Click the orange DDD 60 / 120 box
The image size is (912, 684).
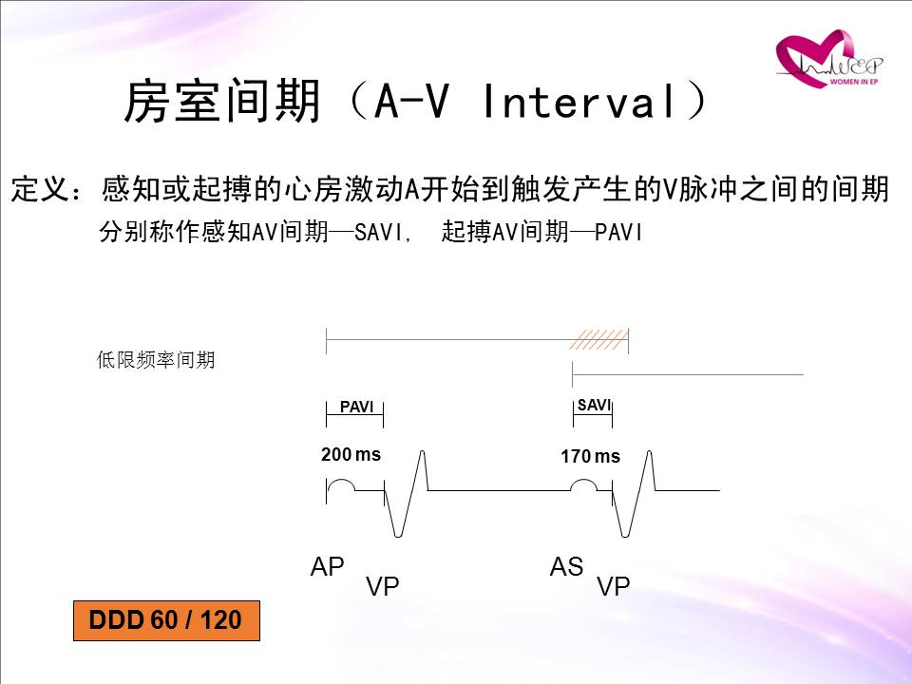coord(166,620)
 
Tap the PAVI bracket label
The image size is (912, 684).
coord(356,408)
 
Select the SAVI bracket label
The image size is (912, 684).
coord(594,405)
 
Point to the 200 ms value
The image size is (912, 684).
coord(351,454)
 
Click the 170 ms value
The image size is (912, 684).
coord(590,456)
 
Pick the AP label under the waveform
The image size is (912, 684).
coord(328,566)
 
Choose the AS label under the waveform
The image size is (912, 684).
coord(566,566)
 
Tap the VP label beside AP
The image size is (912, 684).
coord(383,586)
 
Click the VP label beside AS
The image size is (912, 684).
coord(614,586)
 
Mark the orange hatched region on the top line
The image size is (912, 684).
coord(598,339)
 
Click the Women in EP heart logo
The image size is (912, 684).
coord(828,58)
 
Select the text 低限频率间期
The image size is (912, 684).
coord(156,360)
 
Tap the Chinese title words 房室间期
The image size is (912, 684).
coord(222,102)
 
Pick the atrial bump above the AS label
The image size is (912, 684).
coord(583,484)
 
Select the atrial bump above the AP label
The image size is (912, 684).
coord(341,484)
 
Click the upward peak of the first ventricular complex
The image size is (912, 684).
coord(422,451)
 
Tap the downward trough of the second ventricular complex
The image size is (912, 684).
coord(625,535)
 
